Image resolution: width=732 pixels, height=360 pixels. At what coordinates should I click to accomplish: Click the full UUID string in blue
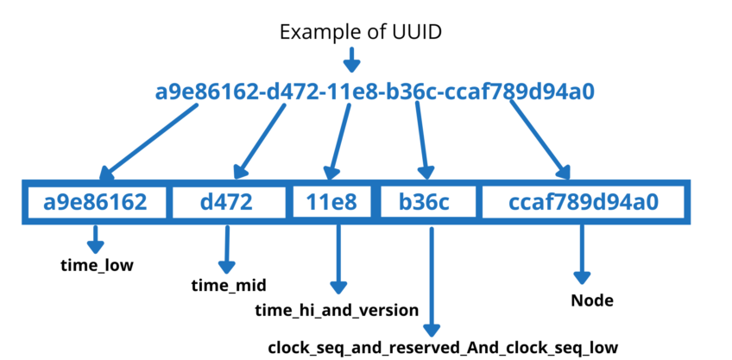click(x=374, y=92)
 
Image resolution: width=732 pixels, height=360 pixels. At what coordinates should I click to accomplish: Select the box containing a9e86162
click(x=96, y=203)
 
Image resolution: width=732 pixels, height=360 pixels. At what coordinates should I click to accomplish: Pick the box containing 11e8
click(x=331, y=203)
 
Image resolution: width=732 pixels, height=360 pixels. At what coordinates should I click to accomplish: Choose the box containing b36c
click(x=424, y=203)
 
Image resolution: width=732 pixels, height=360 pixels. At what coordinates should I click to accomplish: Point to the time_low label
click(x=96, y=265)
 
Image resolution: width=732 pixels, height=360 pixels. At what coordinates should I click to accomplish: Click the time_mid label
click(x=228, y=285)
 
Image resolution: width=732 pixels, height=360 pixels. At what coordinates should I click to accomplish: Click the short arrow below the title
click(x=350, y=60)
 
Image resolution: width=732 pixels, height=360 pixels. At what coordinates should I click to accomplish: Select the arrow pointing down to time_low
click(x=94, y=238)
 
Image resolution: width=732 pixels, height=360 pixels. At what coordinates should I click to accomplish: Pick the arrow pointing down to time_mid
click(x=227, y=249)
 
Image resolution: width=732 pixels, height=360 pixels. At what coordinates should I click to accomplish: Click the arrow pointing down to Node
click(x=580, y=256)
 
